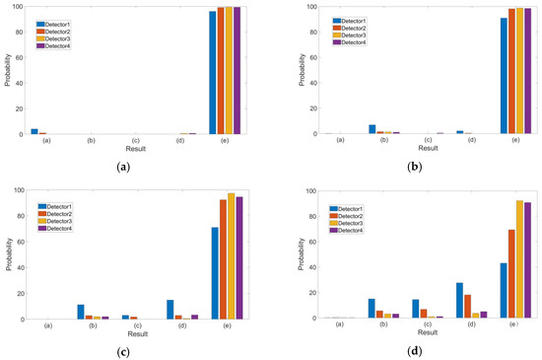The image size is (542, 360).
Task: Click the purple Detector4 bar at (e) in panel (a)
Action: point(237,70)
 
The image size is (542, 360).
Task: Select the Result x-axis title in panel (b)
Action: point(428,149)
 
